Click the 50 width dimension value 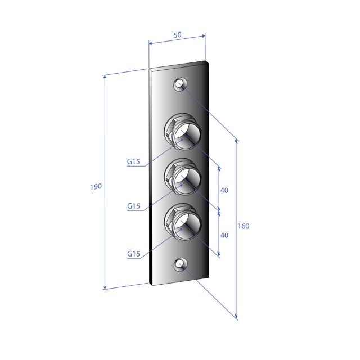tap(178, 35)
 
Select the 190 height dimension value tap(96, 187)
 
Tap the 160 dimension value tap(244, 226)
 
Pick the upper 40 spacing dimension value tap(224, 190)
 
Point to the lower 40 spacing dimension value tap(224, 235)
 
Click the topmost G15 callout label tap(133, 161)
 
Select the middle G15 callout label tap(133, 206)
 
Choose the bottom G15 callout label tap(133, 254)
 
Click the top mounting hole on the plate tap(180, 84)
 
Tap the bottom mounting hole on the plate tap(180, 264)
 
